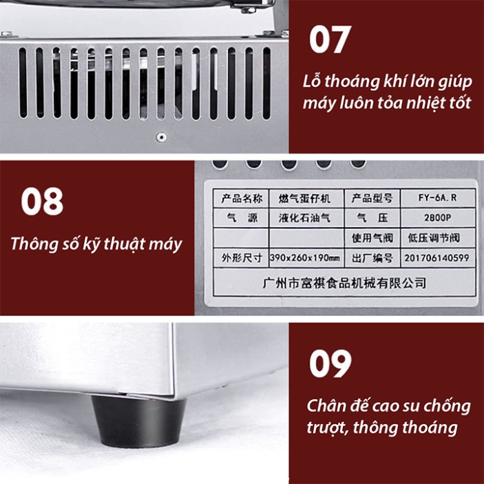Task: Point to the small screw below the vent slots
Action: click(161, 136)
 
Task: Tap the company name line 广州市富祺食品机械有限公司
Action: click(345, 282)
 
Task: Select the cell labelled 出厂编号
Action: click(372, 259)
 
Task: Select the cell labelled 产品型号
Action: click(372, 198)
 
